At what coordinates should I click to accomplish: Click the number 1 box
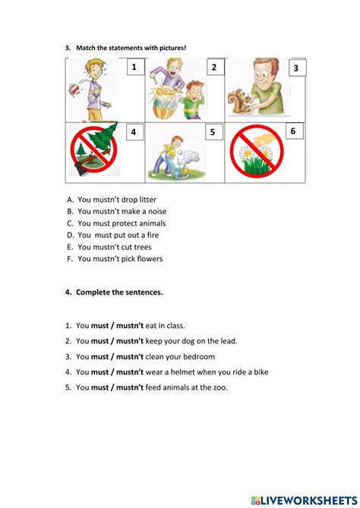(134, 68)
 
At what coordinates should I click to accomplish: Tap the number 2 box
(213, 68)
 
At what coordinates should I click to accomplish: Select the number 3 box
(295, 68)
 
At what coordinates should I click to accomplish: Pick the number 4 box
(133, 133)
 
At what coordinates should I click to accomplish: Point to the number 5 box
(212, 133)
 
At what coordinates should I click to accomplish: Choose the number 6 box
(292, 131)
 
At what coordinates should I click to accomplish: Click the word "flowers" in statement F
(150, 258)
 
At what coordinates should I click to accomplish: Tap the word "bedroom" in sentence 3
(197, 356)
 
